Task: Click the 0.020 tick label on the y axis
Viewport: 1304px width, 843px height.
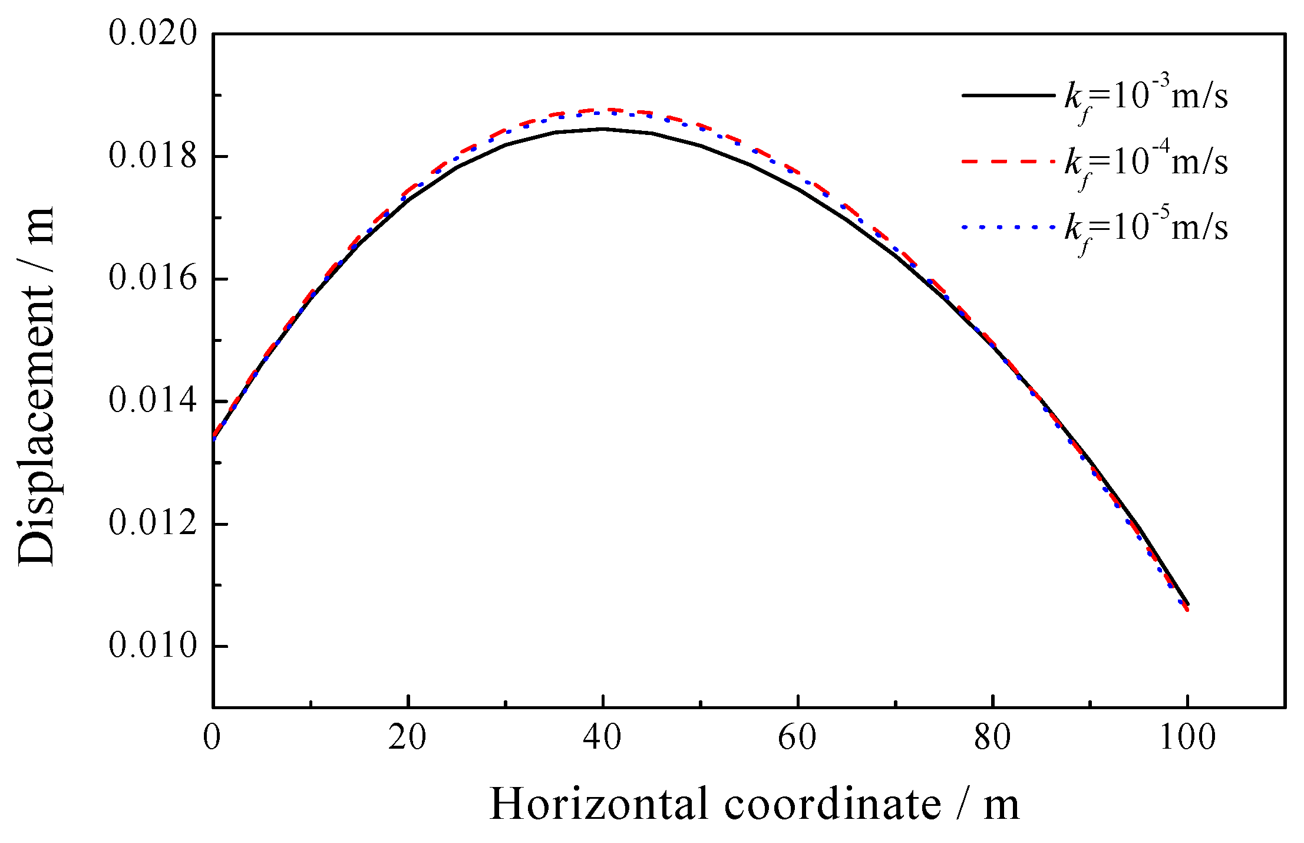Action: point(152,33)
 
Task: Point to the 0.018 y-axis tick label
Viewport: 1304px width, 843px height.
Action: point(152,156)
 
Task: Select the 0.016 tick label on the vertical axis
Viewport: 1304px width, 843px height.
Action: point(152,278)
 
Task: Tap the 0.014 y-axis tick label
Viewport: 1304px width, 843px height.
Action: point(152,401)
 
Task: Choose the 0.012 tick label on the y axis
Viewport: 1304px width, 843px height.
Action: point(152,523)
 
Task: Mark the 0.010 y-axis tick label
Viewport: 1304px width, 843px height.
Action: point(152,646)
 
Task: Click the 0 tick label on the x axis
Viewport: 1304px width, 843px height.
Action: point(212,737)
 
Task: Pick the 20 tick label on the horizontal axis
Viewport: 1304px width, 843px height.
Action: point(407,737)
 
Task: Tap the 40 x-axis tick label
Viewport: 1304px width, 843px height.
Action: point(602,737)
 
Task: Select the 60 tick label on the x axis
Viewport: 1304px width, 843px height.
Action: point(797,737)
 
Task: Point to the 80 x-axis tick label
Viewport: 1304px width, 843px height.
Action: point(992,737)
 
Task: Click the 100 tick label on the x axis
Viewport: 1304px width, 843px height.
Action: point(1187,737)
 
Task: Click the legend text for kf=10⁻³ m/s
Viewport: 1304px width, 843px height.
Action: point(1146,97)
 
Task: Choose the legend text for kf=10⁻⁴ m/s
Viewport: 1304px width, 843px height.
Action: point(1146,163)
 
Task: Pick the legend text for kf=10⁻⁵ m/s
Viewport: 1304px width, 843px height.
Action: point(1146,228)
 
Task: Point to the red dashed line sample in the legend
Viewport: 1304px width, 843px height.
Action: point(1008,161)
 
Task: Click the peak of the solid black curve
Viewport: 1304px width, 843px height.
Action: point(602,129)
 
